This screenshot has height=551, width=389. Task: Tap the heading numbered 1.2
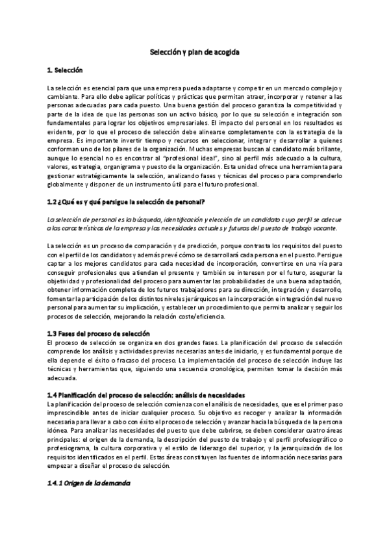tap(126, 201)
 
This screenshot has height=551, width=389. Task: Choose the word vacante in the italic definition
tap(321, 228)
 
